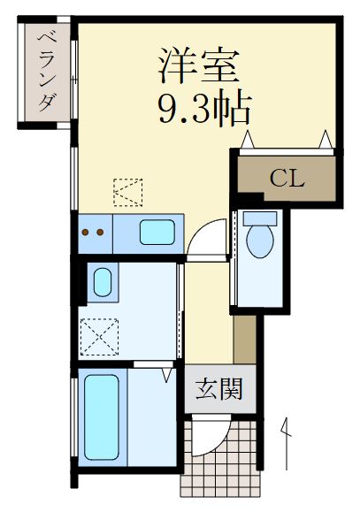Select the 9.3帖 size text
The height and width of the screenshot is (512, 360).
click(203, 108)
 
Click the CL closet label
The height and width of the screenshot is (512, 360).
click(287, 179)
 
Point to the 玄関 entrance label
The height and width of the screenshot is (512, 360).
click(219, 389)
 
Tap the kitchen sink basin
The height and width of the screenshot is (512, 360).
click(157, 234)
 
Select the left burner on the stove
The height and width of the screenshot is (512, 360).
click(86, 233)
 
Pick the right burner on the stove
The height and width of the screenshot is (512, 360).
click(101, 233)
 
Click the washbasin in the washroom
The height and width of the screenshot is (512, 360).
click(103, 284)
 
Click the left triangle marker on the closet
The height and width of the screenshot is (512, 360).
click(249, 139)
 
